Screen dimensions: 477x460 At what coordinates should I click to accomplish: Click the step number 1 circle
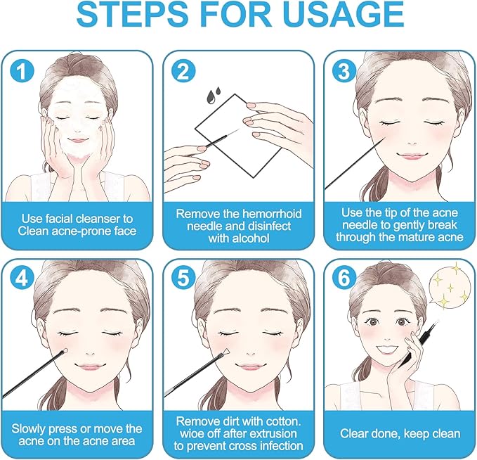pyautogui.click(x=22, y=71)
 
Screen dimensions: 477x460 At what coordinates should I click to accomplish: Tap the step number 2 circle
pyautogui.click(x=183, y=71)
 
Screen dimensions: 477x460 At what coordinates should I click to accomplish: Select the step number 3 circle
pyautogui.click(x=344, y=71)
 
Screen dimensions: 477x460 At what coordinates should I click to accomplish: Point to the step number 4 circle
pyautogui.click(x=22, y=278)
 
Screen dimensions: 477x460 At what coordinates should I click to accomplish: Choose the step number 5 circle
pyautogui.click(x=183, y=278)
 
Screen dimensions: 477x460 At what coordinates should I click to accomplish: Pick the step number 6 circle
pyautogui.click(x=344, y=278)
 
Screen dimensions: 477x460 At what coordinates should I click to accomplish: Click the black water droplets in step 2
pyautogui.click(x=214, y=95)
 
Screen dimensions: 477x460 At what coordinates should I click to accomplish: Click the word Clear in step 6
pyautogui.click(x=353, y=433)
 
